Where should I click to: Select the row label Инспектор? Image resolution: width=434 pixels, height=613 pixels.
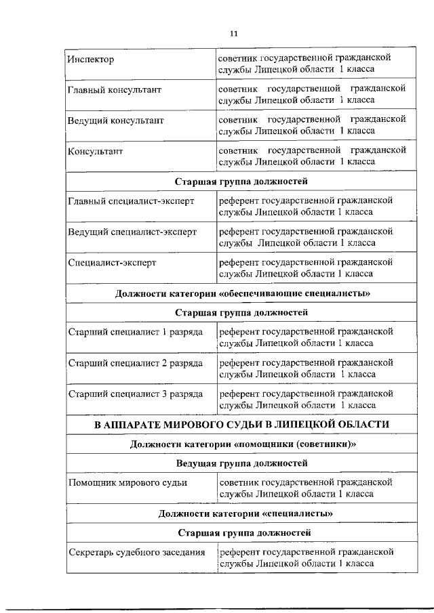click(91, 60)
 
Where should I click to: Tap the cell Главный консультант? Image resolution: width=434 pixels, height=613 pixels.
click(111, 90)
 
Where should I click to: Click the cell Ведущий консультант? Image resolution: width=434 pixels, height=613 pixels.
click(115, 120)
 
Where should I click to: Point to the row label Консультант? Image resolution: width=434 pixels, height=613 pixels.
click(96, 150)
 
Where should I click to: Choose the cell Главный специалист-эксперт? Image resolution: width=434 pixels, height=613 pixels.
click(131, 201)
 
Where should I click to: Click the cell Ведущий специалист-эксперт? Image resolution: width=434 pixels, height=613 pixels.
click(132, 232)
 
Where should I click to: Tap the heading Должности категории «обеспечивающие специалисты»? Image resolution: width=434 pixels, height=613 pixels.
click(242, 293)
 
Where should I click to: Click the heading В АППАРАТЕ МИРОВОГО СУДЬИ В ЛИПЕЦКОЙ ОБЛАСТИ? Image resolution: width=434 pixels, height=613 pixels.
click(242, 425)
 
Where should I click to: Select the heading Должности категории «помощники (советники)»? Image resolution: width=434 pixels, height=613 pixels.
click(242, 444)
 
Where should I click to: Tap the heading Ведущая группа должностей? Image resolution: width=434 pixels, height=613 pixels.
click(242, 463)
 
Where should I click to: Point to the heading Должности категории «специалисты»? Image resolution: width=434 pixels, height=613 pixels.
click(242, 513)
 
